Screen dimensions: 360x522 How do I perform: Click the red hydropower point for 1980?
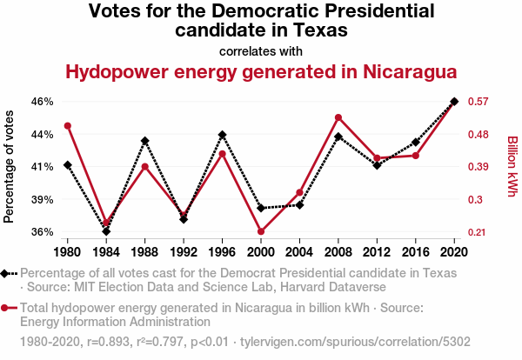(x=68, y=126)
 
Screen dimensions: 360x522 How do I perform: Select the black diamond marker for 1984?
(x=106, y=231)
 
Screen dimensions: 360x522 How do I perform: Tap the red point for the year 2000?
(x=261, y=231)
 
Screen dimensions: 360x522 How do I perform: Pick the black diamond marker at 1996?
(x=223, y=135)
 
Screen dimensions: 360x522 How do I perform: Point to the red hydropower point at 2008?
(x=338, y=117)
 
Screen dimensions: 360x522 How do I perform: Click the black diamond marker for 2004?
(x=300, y=204)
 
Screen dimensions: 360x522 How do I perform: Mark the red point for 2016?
(x=416, y=156)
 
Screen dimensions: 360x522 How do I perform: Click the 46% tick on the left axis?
(x=42, y=102)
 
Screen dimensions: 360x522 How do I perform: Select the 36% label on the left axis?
(x=42, y=232)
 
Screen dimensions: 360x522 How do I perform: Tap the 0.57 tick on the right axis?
(x=481, y=102)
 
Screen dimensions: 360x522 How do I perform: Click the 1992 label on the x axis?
(x=184, y=252)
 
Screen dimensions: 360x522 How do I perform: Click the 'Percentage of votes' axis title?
(x=10, y=166)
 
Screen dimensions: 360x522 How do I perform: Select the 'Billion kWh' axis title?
(x=512, y=166)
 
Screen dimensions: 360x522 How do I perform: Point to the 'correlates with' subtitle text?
(x=261, y=50)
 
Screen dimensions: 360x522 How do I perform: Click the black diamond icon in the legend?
(x=9, y=273)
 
